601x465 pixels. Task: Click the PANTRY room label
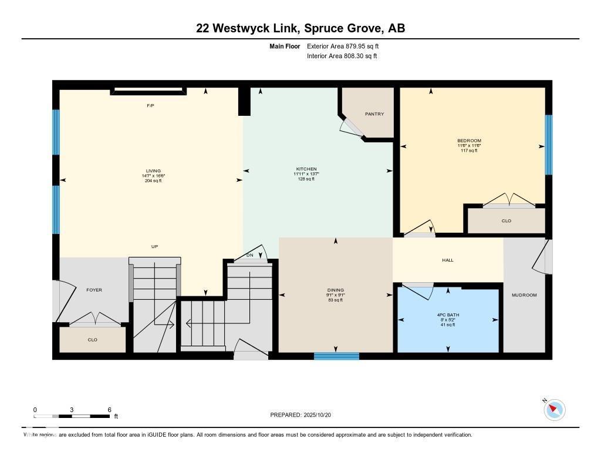tap(374, 114)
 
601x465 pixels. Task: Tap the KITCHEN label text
tap(306, 169)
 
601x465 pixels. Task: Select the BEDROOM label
tap(469, 140)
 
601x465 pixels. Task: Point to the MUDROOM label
tap(524, 295)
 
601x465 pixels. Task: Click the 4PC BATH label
tap(448, 315)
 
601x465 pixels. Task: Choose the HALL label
tap(448, 260)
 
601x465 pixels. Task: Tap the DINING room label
tap(336, 290)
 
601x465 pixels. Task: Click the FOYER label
tap(94, 290)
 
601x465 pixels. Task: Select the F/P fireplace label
tap(150, 105)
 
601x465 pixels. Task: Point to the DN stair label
tap(249, 255)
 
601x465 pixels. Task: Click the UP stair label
tap(154, 246)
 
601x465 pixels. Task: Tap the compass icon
tap(554, 409)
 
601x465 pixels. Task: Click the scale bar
tap(72, 416)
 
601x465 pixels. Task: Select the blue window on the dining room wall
tap(336, 356)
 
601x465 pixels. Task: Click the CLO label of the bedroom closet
tap(507, 221)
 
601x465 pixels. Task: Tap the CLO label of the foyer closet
tap(92, 340)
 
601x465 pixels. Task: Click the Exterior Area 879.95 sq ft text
tap(347, 46)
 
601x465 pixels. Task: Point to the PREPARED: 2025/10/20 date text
tap(305, 415)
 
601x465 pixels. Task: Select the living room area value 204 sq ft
tap(154, 180)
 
